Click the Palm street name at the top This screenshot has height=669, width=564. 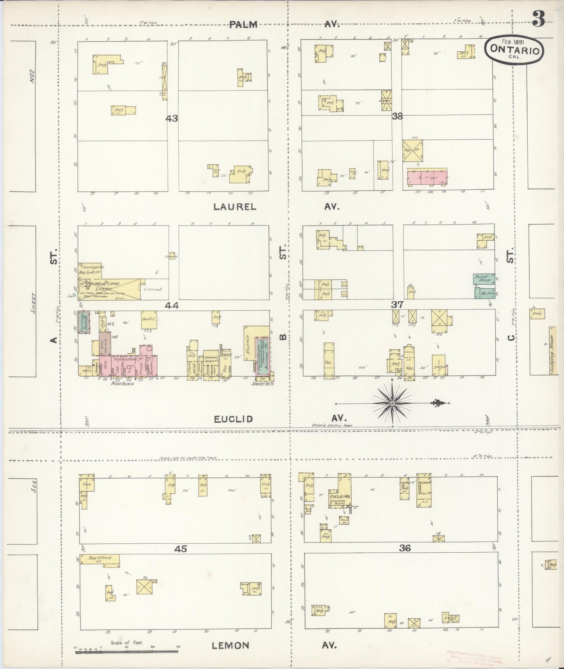tap(243, 25)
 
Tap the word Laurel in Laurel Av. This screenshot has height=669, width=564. tap(235, 207)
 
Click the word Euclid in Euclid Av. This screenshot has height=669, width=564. tap(233, 419)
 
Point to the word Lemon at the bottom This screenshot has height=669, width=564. tap(230, 645)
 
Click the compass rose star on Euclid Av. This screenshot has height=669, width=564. tap(391, 403)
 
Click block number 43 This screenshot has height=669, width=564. tap(172, 118)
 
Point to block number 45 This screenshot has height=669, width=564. tap(180, 549)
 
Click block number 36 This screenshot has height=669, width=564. tap(405, 548)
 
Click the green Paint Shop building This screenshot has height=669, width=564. tap(484, 278)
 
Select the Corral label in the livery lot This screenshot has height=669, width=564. tap(153, 290)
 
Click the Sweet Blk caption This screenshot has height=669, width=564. tap(264, 384)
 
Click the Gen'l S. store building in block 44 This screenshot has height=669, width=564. tap(149, 319)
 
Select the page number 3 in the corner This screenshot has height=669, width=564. tap(538, 18)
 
